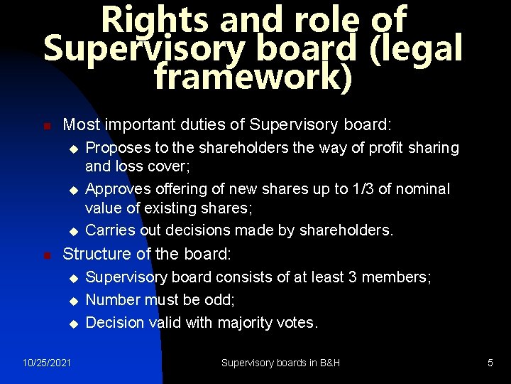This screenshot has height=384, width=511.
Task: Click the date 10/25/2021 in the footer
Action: pos(47,363)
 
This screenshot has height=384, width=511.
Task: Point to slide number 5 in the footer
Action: pos(490,363)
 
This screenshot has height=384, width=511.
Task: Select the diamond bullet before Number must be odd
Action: pos(72,301)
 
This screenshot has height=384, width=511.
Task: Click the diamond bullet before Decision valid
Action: pos(72,324)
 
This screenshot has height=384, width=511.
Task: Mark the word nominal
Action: pos(424,189)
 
